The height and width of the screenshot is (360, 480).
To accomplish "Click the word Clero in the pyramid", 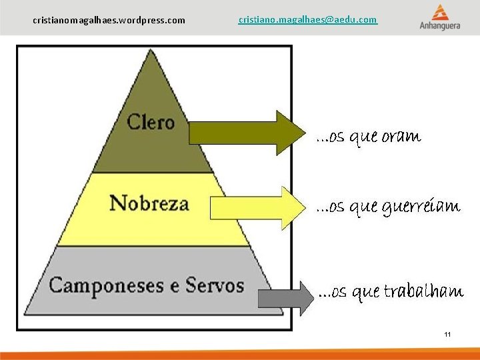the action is [150, 122].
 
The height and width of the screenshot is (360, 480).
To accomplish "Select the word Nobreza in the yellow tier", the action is [149, 203].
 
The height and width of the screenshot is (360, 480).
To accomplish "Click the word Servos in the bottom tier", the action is [215, 286].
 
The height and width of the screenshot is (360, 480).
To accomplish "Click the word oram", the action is [401, 137].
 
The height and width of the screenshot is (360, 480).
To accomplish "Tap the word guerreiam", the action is [421, 207].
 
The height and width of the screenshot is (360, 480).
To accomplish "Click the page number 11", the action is [447, 334].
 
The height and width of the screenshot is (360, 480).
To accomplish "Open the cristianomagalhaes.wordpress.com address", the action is [109, 21].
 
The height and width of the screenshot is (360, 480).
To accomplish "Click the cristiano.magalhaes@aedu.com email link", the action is [307, 20].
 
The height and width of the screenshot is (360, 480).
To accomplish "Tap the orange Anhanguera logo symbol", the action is [440, 12].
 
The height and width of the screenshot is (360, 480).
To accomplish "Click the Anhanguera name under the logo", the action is [440, 26].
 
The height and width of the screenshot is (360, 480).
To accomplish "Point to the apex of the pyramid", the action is [153, 52].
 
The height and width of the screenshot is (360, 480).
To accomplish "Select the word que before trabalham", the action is [365, 293].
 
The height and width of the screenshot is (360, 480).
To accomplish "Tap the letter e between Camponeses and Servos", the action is [173, 287].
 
